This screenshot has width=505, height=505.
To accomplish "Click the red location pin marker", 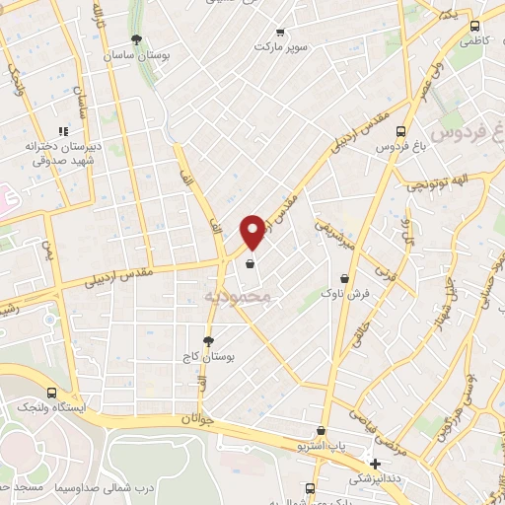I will click(252, 231).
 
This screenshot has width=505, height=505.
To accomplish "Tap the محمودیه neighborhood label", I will click(243, 295).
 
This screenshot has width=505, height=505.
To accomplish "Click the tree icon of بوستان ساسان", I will click(136, 40).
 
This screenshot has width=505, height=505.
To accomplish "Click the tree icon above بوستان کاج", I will click(208, 340).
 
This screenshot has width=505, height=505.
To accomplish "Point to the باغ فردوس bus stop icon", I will click(400, 131).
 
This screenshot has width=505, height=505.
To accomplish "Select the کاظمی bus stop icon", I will click(474, 28).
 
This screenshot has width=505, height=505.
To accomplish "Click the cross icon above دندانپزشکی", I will click(374, 464).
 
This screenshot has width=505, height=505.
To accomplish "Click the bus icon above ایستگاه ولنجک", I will click(51, 393).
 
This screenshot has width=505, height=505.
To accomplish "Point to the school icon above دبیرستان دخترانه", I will click(62, 130).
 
